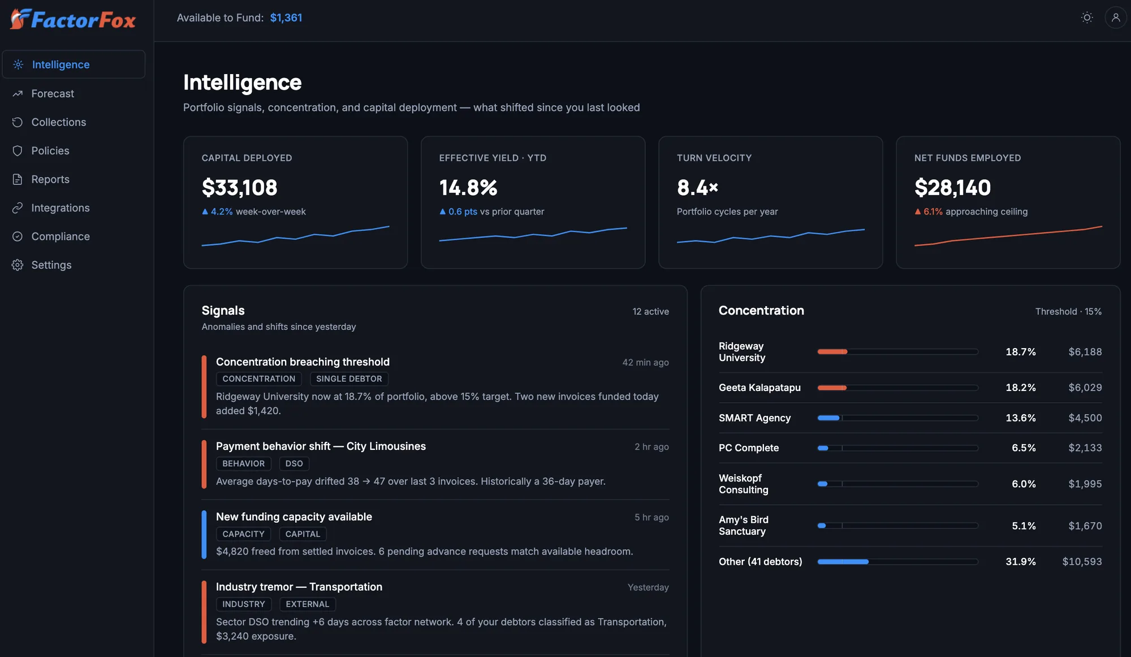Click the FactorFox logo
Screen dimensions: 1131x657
tap(73, 19)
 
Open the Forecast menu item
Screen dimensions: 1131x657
tap(53, 93)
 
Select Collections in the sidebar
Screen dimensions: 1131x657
tap(58, 122)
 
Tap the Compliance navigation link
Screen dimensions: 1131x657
tap(61, 237)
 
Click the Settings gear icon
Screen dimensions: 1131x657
tap(18, 265)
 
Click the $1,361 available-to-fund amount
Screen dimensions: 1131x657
tap(286, 18)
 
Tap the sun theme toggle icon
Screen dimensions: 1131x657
tap(1087, 18)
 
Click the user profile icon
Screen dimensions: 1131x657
tap(1116, 18)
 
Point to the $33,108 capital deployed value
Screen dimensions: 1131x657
tap(240, 187)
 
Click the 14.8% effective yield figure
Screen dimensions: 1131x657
tap(468, 187)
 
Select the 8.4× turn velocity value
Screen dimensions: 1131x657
tap(697, 187)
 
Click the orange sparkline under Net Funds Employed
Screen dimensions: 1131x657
tap(1008, 236)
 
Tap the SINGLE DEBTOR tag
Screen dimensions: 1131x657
tap(349, 379)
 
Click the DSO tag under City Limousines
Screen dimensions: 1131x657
tap(294, 463)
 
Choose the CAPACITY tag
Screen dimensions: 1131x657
tap(243, 534)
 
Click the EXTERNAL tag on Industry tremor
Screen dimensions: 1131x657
tap(308, 604)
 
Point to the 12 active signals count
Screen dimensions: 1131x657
tap(650, 311)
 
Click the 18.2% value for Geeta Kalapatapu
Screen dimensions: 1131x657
tap(1021, 388)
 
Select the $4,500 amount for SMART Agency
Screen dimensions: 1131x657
tap(1085, 418)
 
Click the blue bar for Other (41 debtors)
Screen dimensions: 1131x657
tap(843, 561)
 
